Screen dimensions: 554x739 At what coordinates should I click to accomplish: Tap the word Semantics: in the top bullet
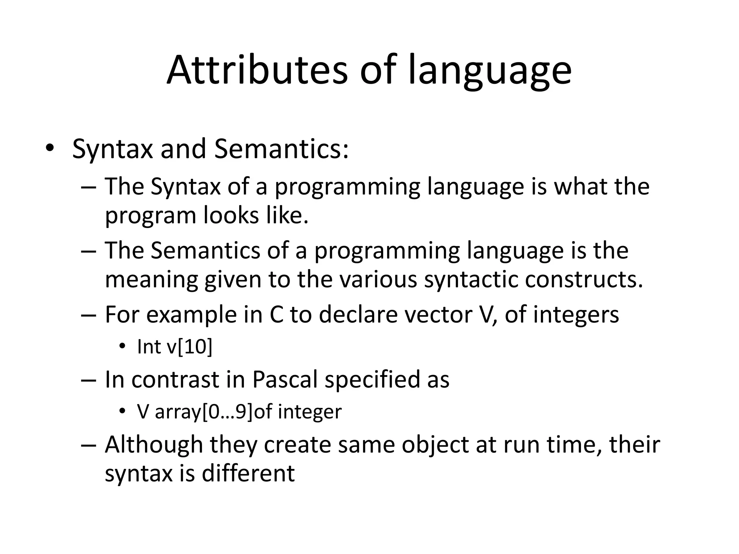pyautogui.click(x=281, y=149)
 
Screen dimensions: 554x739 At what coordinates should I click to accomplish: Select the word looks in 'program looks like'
pyautogui.click(x=231, y=215)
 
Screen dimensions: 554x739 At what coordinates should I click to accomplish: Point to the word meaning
pyautogui.click(x=151, y=280)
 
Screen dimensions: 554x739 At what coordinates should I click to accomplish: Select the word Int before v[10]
pyautogui.click(x=149, y=347)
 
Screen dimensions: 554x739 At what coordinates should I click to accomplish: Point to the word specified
pyautogui.click(x=372, y=379)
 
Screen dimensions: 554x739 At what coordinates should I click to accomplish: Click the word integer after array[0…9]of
pyautogui.click(x=310, y=412)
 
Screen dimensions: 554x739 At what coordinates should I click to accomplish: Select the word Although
pyautogui.click(x=154, y=444)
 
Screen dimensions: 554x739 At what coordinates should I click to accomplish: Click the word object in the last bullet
pyautogui.click(x=435, y=444)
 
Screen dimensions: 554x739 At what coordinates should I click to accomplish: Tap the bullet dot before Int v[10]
pyautogui.click(x=122, y=347)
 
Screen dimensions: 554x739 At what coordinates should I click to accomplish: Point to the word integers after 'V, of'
pyautogui.click(x=576, y=315)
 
